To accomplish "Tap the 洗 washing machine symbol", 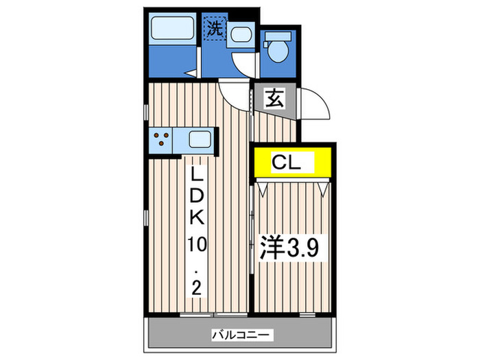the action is tap(215, 29).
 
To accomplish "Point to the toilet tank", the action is tap(278, 35).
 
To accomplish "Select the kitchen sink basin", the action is tap(200, 140).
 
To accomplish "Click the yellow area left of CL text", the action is tap(262, 163).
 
